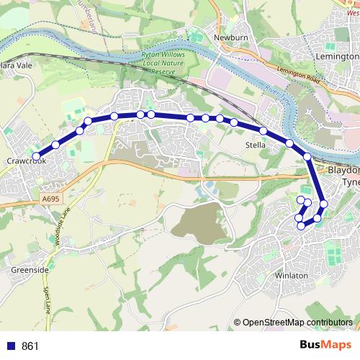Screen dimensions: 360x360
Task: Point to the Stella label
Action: [x=256, y=145]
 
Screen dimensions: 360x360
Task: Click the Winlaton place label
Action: [x=291, y=276]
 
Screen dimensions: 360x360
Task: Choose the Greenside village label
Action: [x=30, y=270]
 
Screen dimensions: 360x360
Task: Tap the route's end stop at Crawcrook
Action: [x=36, y=156]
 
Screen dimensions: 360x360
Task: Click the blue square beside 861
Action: [x=10, y=346]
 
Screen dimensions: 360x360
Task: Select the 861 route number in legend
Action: [x=30, y=346]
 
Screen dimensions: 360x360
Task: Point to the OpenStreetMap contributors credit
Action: [x=297, y=322]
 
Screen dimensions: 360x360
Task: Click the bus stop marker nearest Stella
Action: [x=264, y=131]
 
